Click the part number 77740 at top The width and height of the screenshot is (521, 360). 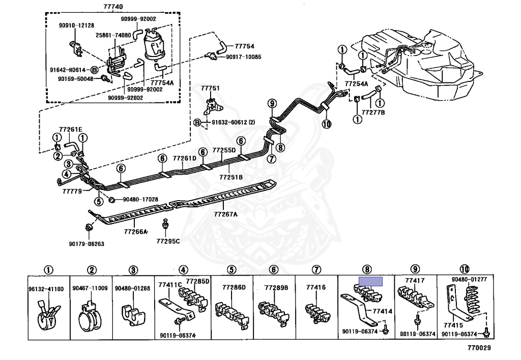(x=113, y=6)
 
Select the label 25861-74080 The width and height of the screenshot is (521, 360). (x=113, y=35)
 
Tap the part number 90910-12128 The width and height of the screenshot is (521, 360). (x=76, y=25)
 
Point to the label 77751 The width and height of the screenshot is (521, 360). (x=210, y=88)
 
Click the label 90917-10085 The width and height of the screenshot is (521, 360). (x=244, y=57)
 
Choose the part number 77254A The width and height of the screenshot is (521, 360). (x=356, y=84)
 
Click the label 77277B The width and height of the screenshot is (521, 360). (x=373, y=113)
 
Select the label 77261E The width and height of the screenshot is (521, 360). (x=70, y=129)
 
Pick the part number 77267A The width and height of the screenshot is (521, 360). (x=225, y=214)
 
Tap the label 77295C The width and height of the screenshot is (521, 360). (x=168, y=241)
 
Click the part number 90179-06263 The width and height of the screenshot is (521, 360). (x=86, y=244)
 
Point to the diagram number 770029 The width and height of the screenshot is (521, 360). (x=479, y=348)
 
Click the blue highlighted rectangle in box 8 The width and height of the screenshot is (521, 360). (x=370, y=282)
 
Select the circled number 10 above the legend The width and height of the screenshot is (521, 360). (x=465, y=269)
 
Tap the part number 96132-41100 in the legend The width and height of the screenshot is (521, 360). (x=46, y=289)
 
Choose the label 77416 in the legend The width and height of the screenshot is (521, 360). (x=316, y=287)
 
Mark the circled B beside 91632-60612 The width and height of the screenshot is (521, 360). (x=197, y=123)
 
